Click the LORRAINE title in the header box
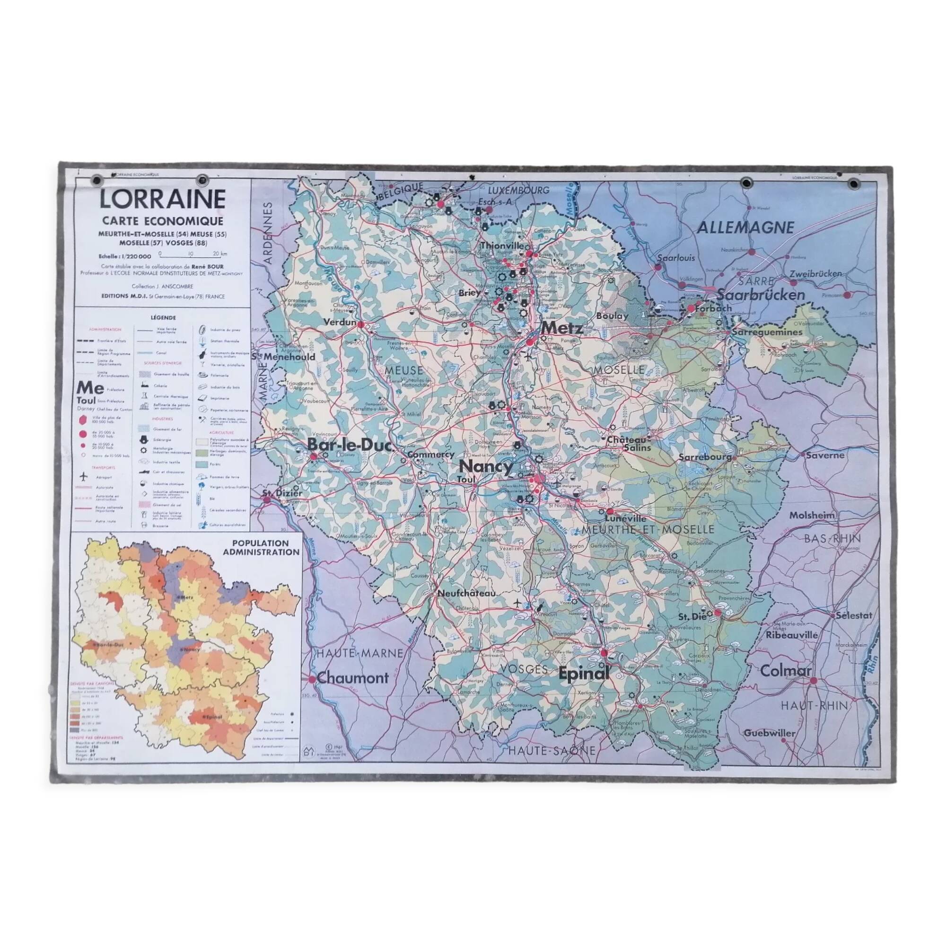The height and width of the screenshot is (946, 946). pyautogui.click(x=163, y=199)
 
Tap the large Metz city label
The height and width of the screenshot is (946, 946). pyautogui.click(x=561, y=328)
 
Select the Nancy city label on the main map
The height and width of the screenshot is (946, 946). pyautogui.click(x=486, y=465)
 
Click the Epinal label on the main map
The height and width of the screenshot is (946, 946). pyautogui.click(x=584, y=674)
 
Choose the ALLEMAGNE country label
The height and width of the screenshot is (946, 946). pyautogui.click(x=745, y=228)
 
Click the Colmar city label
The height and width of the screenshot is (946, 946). pyautogui.click(x=785, y=671)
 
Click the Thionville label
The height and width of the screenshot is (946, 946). pyautogui.click(x=505, y=245)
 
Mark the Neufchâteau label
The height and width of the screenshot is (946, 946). pyautogui.click(x=466, y=593)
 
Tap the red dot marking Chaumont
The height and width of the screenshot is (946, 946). pyautogui.click(x=312, y=679)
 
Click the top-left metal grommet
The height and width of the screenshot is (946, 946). pyautogui.click(x=97, y=181)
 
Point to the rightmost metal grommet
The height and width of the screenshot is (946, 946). pyautogui.click(x=853, y=184)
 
